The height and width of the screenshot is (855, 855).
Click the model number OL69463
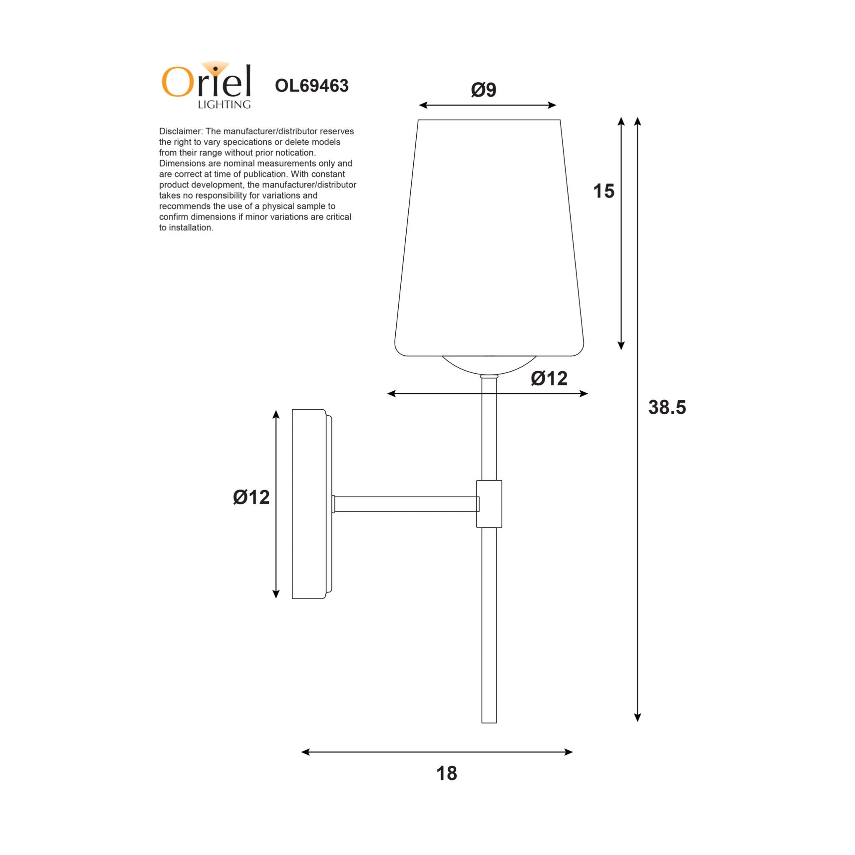click(311, 86)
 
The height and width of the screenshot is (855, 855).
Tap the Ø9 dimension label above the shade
click(483, 90)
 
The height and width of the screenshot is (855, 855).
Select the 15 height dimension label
click(604, 191)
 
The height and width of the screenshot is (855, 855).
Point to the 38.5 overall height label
click(667, 407)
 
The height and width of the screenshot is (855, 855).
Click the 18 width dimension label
click(446, 773)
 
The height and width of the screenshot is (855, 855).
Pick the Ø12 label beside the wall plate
click(251, 497)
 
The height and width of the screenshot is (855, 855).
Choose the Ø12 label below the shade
click(549, 378)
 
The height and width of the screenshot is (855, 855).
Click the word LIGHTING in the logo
click(224, 104)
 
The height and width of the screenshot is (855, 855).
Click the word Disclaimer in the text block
click(180, 132)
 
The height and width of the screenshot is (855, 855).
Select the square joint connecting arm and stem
click(489, 503)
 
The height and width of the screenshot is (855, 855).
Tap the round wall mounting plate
click(310, 503)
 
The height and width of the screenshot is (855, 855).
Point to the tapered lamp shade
click(489, 239)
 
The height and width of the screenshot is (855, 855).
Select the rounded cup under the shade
click(489, 365)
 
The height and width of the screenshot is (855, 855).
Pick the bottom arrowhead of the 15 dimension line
click(621, 346)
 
